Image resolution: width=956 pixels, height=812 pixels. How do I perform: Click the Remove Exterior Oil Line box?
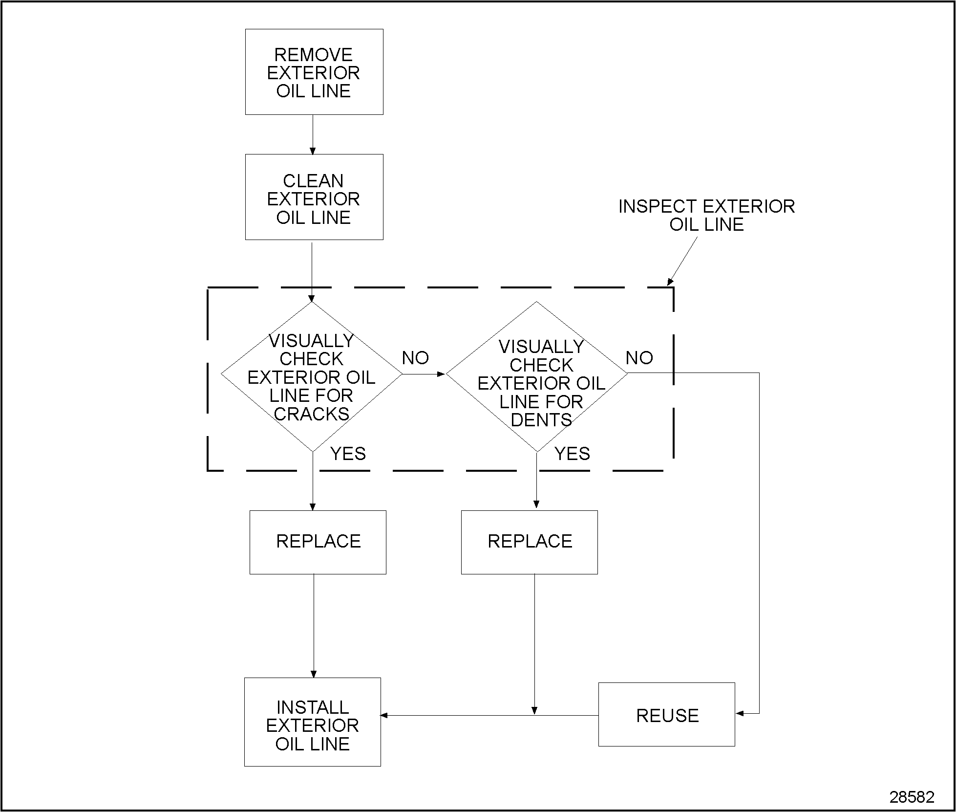coord(314,72)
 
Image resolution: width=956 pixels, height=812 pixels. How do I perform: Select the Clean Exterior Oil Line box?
coord(314,197)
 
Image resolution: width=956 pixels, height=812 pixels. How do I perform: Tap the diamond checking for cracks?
coord(312,376)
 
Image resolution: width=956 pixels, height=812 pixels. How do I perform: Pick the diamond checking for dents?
coord(536,376)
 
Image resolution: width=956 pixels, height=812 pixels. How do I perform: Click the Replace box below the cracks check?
coord(318,542)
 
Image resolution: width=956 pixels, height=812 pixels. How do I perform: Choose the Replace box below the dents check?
coord(529,542)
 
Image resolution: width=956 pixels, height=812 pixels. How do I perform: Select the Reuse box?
coord(666,715)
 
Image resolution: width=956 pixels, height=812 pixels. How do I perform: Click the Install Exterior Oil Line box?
coord(312,725)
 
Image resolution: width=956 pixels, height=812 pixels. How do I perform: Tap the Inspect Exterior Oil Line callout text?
coord(706,215)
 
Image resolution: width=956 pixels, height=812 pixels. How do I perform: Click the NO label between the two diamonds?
coord(415,358)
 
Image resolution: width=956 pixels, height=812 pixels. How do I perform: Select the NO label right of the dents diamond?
coord(639,358)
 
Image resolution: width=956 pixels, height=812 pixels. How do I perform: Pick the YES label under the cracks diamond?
coord(348,454)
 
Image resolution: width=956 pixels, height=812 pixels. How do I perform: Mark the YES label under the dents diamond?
coord(572,454)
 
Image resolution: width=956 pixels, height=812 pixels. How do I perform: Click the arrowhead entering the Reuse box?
coord(740,713)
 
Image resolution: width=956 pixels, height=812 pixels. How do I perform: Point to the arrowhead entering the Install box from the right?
coord(384,715)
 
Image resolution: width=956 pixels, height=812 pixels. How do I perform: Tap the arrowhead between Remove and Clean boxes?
coord(313,151)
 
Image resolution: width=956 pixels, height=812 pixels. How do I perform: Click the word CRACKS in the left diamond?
coord(312,414)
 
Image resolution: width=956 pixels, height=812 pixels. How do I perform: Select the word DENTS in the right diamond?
coord(541,420)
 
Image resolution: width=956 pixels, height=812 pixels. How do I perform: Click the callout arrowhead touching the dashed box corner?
coord(670,282)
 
